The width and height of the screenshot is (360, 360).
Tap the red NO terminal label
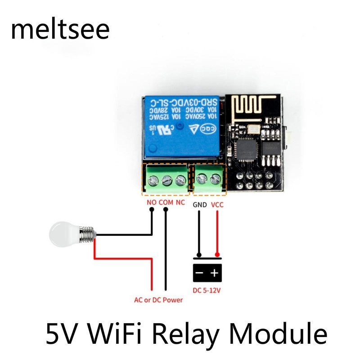(152, 203)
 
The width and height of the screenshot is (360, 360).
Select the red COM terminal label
(166, 203)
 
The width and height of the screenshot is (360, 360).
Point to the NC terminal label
(180, 203)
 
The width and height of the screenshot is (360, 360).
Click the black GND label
(200, 205)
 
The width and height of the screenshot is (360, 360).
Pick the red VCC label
(217, 205)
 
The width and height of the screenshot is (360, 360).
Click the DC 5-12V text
(207, 290)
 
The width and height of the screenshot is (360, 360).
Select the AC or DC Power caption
(158, 300)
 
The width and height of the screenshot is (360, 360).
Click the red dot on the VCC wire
(217, 255)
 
